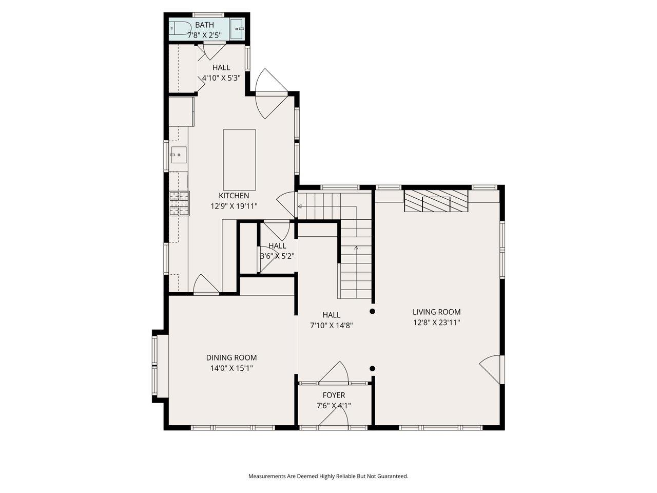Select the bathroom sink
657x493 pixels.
click(237, 29)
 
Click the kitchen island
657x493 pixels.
click(239, 160)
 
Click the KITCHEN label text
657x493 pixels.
click(234, 196)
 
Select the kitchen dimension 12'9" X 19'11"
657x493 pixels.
click(234, 206)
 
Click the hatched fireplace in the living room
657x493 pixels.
click(436, 201)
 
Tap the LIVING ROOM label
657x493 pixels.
click(436, 312)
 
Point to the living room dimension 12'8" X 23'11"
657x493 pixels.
click(436, 323)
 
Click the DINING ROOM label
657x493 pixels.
click(231, 357)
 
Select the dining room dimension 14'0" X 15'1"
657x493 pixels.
click(231, 368)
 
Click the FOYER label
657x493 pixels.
click(334, 395)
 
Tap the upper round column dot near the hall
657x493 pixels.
click(373, 311)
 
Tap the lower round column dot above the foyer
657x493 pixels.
click(373, 368)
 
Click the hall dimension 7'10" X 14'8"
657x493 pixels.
click(331, 325)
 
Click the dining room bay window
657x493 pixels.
click(159, 365)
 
